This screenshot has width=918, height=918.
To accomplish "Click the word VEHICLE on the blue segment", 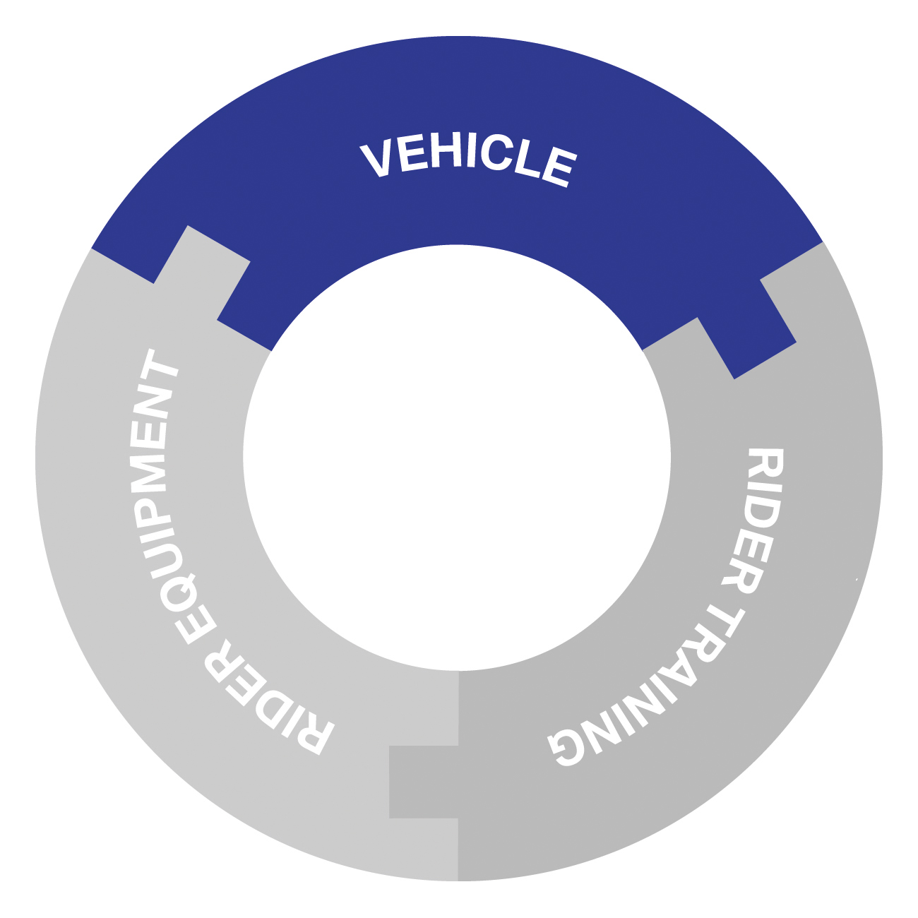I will [468, 160].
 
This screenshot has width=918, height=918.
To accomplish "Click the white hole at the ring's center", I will [457, 457].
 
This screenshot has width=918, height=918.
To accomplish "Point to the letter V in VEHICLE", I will [378, 160].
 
